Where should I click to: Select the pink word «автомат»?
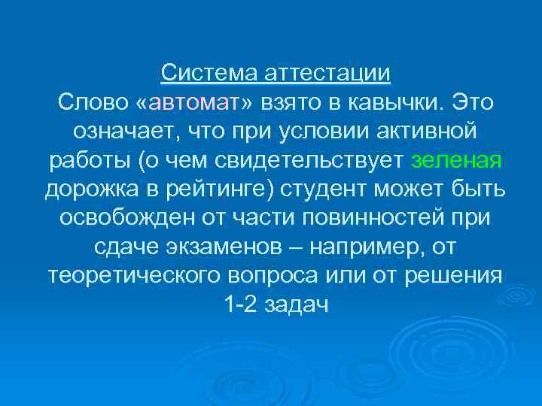[x=198, y=101]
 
